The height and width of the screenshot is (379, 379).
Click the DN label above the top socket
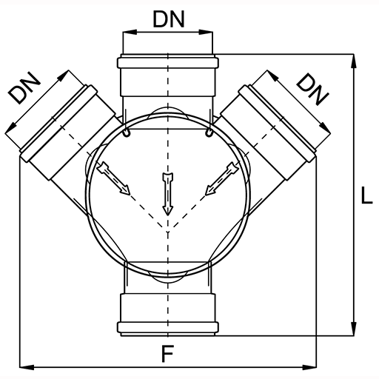point(169,19)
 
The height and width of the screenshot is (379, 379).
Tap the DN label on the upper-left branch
point(24,88)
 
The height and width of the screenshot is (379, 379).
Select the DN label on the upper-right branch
point(313,90)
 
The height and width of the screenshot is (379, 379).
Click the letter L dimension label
point(366,195)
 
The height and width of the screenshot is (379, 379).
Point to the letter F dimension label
point(167,354)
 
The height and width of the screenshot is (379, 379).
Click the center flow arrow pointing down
point(168,194)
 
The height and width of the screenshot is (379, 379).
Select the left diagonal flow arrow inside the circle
point(113,178)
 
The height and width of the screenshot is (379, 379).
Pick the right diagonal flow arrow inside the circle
point(222,178)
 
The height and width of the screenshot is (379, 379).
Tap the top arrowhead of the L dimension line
point(354,61)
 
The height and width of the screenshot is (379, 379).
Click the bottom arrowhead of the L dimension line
point(354,329)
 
